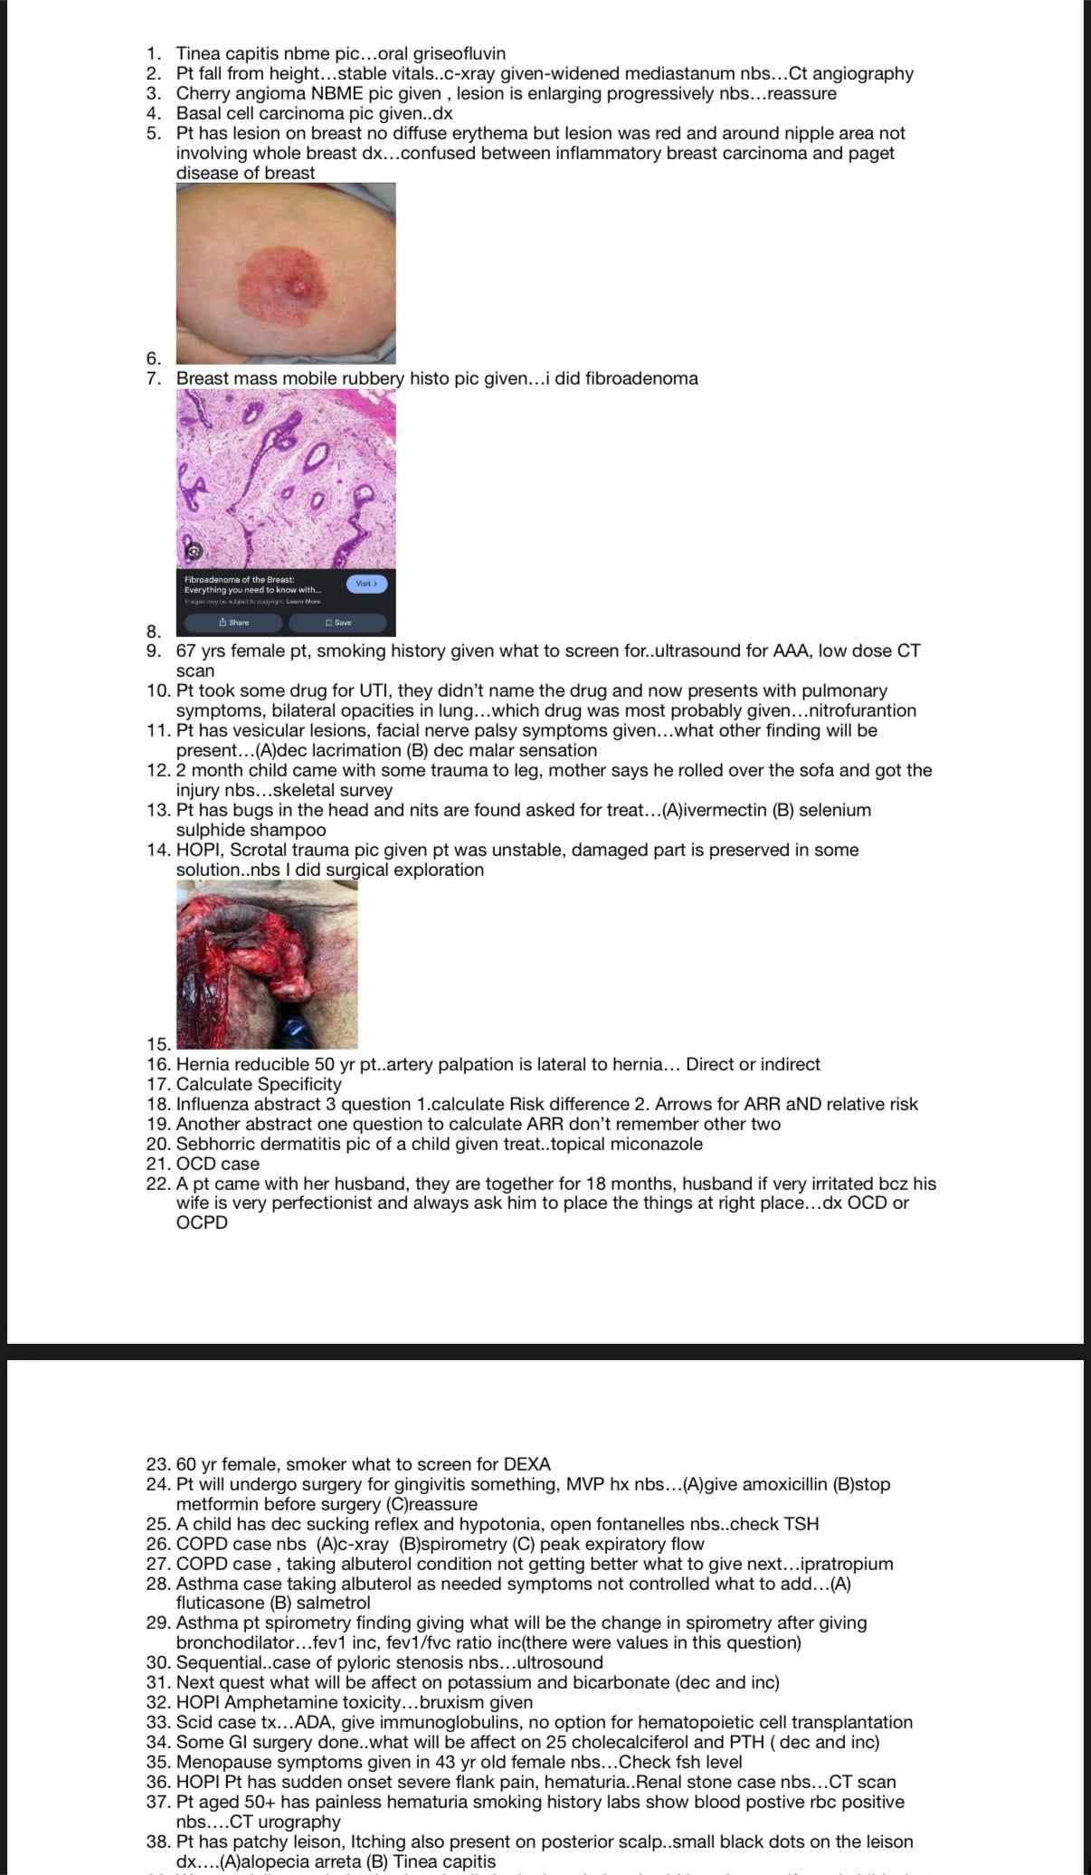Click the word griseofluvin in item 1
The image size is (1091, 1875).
(454, 53)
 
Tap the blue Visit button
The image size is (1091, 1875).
(365, 584)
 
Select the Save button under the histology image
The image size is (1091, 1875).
(337, 623)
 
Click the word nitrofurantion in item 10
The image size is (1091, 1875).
(860, 710)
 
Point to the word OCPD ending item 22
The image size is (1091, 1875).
(202, 1223)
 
